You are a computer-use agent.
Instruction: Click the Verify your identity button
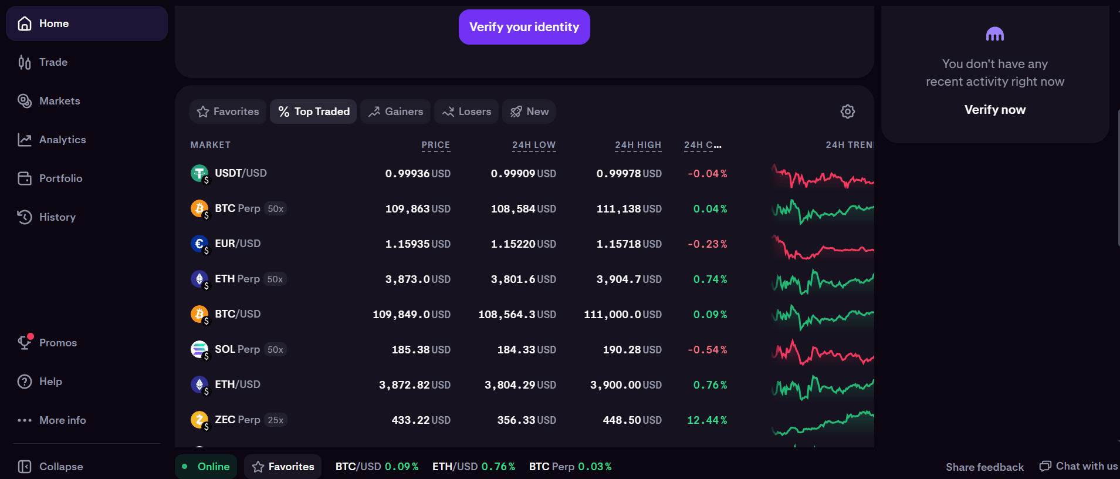point(524,27)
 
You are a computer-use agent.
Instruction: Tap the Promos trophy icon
point(25,342)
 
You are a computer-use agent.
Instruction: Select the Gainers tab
point(395,112)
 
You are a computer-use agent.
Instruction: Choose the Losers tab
point(466,112)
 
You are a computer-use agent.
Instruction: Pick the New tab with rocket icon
point(529,112)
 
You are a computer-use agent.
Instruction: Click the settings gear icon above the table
point(848,112)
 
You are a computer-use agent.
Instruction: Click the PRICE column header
point(436,145)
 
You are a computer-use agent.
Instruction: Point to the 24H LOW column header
point(534,145)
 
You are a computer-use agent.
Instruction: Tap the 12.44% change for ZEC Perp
point(707,420)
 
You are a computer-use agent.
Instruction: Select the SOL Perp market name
point(237,349)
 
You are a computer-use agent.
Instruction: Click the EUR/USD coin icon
point(199,244)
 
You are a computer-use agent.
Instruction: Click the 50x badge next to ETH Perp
point(275,279)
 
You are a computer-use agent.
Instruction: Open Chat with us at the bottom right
point(1078,466)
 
